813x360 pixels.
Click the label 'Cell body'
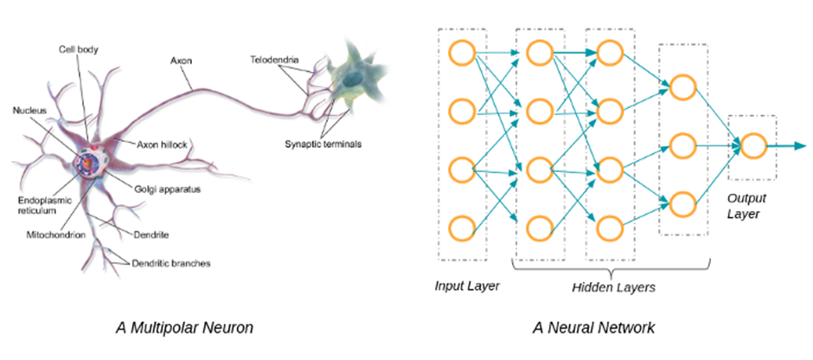(78, 50)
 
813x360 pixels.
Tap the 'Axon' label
(181, 61)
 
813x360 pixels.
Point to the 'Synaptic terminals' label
(323, 144)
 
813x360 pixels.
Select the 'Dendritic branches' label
(171, 264)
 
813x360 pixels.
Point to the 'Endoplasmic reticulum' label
(38, 206)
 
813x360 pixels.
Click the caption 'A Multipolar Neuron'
(184, 328)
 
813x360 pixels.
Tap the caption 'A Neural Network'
(593, 328)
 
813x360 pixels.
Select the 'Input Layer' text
(467, 286)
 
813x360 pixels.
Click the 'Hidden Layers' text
(613, 286)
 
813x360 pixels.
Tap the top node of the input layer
(462, 53)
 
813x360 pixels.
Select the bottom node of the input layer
(462, 228)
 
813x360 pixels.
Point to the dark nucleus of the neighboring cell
(355, 79)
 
